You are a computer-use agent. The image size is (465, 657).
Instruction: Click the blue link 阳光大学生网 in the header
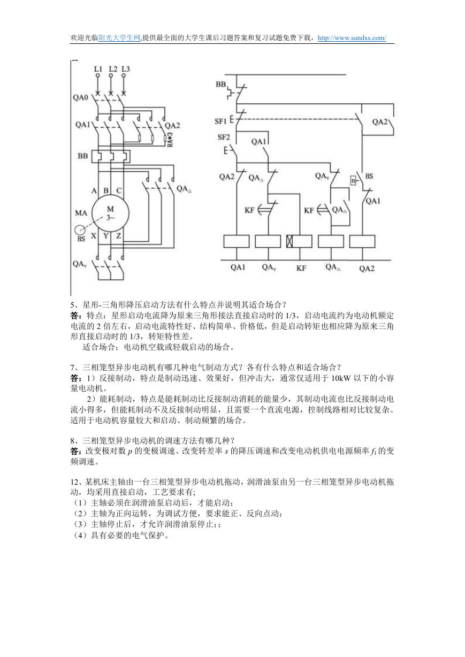point(119,38)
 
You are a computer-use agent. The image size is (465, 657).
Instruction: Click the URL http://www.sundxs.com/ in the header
point(352,38)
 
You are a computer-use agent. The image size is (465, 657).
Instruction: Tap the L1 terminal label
point(98,69)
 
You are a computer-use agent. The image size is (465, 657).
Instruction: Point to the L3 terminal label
point(126,69)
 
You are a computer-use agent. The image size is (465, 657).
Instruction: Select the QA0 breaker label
point(80,97)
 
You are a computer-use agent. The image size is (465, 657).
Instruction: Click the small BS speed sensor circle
point(80,230)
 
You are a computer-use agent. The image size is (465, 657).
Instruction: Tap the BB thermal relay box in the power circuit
point(111,157)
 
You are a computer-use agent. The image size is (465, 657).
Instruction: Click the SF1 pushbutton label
point(220,121)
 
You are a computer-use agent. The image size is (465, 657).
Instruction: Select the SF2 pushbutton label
point(224,137)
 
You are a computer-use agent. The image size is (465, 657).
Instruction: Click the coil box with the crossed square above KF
point(299,241)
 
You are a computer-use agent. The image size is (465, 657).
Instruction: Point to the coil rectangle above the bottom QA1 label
point(237,241)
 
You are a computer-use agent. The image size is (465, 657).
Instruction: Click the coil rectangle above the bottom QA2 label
point(362,241)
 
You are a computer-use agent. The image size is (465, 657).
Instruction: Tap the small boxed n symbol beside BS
point(353,180)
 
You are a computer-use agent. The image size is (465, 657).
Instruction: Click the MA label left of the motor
point(81,212)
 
